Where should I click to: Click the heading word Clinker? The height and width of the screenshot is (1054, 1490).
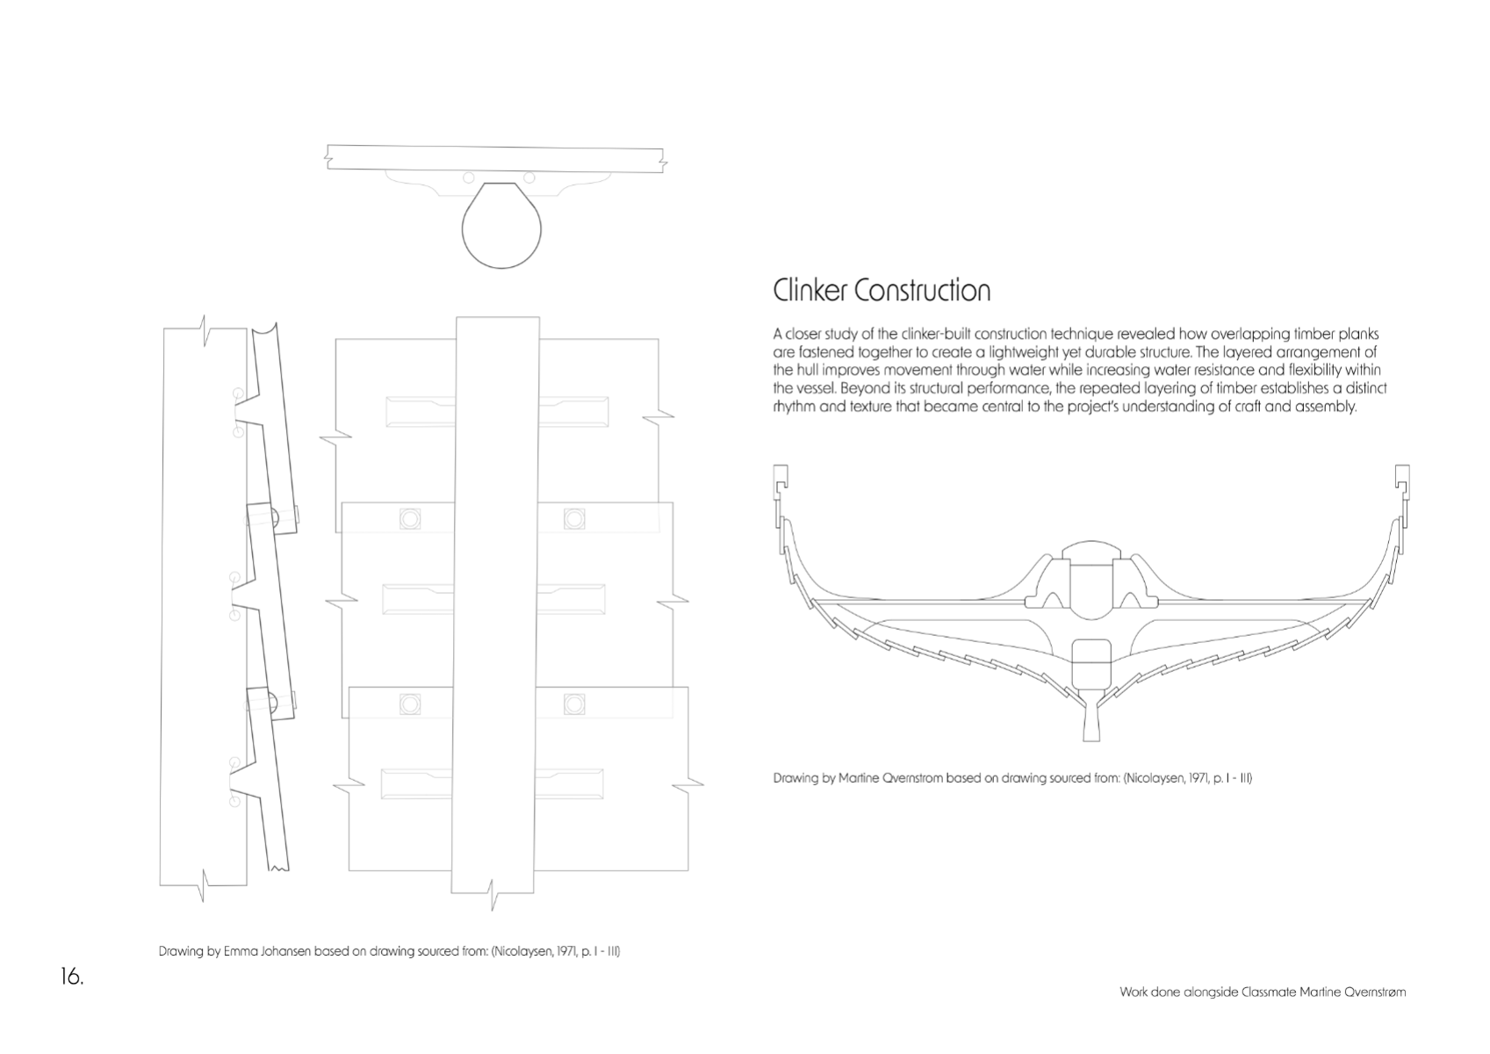coord(809,291)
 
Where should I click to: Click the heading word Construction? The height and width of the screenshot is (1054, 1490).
coord(923,291)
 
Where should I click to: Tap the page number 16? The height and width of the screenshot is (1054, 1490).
coord(72,977)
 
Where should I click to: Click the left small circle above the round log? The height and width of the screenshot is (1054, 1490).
coord(469,177)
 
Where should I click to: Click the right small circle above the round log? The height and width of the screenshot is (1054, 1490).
coord(529,177)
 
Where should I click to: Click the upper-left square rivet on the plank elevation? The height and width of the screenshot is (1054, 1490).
coord(410,519)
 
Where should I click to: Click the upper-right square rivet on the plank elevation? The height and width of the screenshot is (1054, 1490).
coord(574,519)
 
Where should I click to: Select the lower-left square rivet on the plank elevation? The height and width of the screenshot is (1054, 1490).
coord(410,704)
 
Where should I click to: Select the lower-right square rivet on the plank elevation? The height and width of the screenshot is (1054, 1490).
coord(574,704)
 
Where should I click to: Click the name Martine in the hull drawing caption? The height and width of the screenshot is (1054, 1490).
coord(860,778)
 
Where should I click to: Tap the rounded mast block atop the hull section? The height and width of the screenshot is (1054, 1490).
coord(1091,551)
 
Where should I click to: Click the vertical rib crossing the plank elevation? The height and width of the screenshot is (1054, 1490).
coord(495,605)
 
